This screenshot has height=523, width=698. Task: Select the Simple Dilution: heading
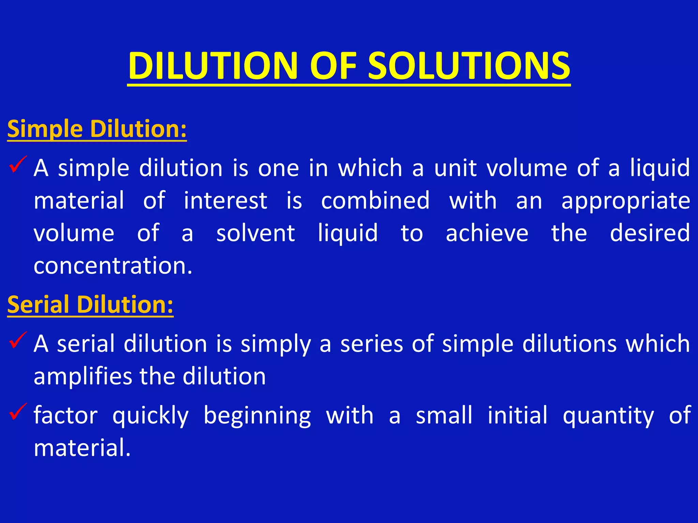pos(97,129)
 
